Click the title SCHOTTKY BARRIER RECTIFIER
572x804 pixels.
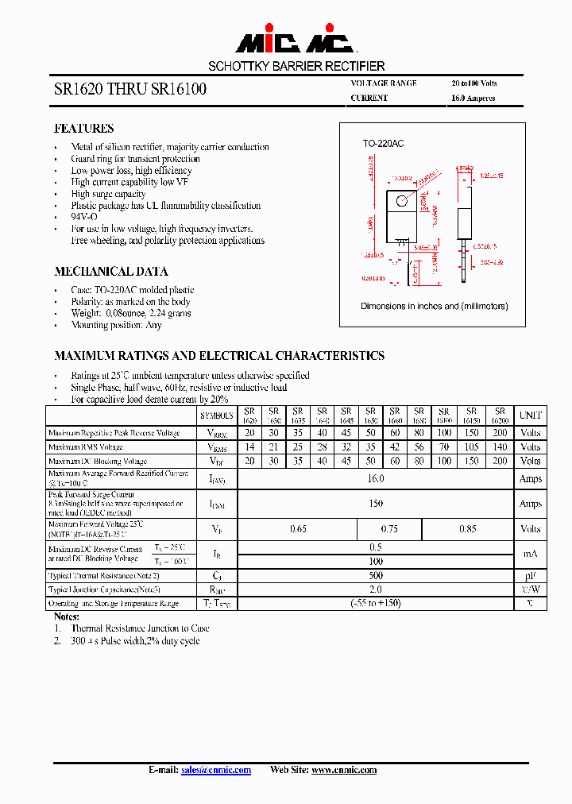click(x=296, y=66)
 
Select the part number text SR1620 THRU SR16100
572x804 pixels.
click(x=130, y=90)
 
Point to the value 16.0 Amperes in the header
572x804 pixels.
click(x=473, y=99)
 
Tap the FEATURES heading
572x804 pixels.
click(x=83, y=129)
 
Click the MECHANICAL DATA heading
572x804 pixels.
click(x=110, y=271)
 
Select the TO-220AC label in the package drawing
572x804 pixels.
click(x=383, y=144)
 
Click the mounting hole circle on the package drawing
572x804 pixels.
click(x=404, y=199)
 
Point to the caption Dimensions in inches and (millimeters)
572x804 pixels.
click(x=434, y=306)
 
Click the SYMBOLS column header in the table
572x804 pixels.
click(x=216, y=416)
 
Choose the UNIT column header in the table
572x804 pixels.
click(x=530, y=416)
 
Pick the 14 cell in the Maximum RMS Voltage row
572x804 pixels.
click(x=249, y=447)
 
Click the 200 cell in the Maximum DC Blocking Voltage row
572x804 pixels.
click(x=499, y=461)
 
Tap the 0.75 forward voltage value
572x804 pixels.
click(x=389, y=529)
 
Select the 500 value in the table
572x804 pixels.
click(x=376, y=575)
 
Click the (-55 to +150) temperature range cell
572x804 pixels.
click(x=376, y=604)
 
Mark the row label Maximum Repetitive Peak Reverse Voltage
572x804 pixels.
click(x=114, y=434)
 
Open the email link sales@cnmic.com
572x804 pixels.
click(x=216, y=770)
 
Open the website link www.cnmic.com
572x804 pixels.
click(x=343, y=770)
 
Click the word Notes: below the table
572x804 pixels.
click(x=67, y=617)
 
